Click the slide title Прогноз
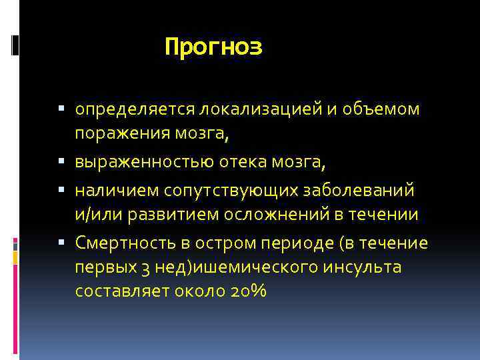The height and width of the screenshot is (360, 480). [213, 47]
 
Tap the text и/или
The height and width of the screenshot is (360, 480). [93, 216]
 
